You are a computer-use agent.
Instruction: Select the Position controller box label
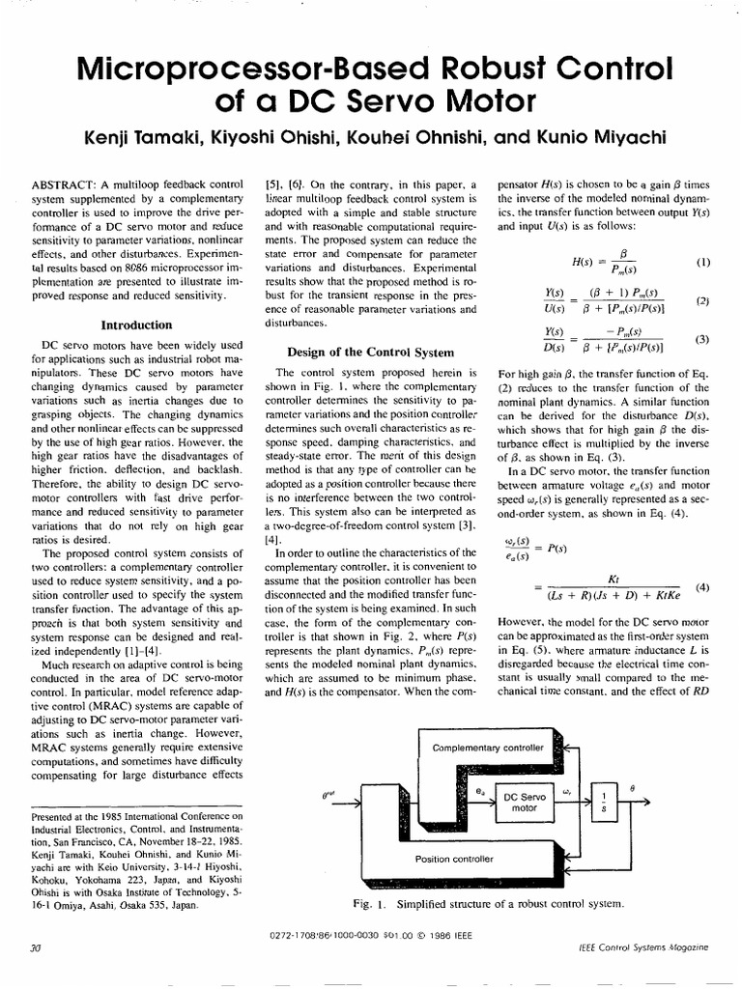pyautogui.click(x=454, y=858)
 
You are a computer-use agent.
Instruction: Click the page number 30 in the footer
pyautogui.click(x=38, y=948)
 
